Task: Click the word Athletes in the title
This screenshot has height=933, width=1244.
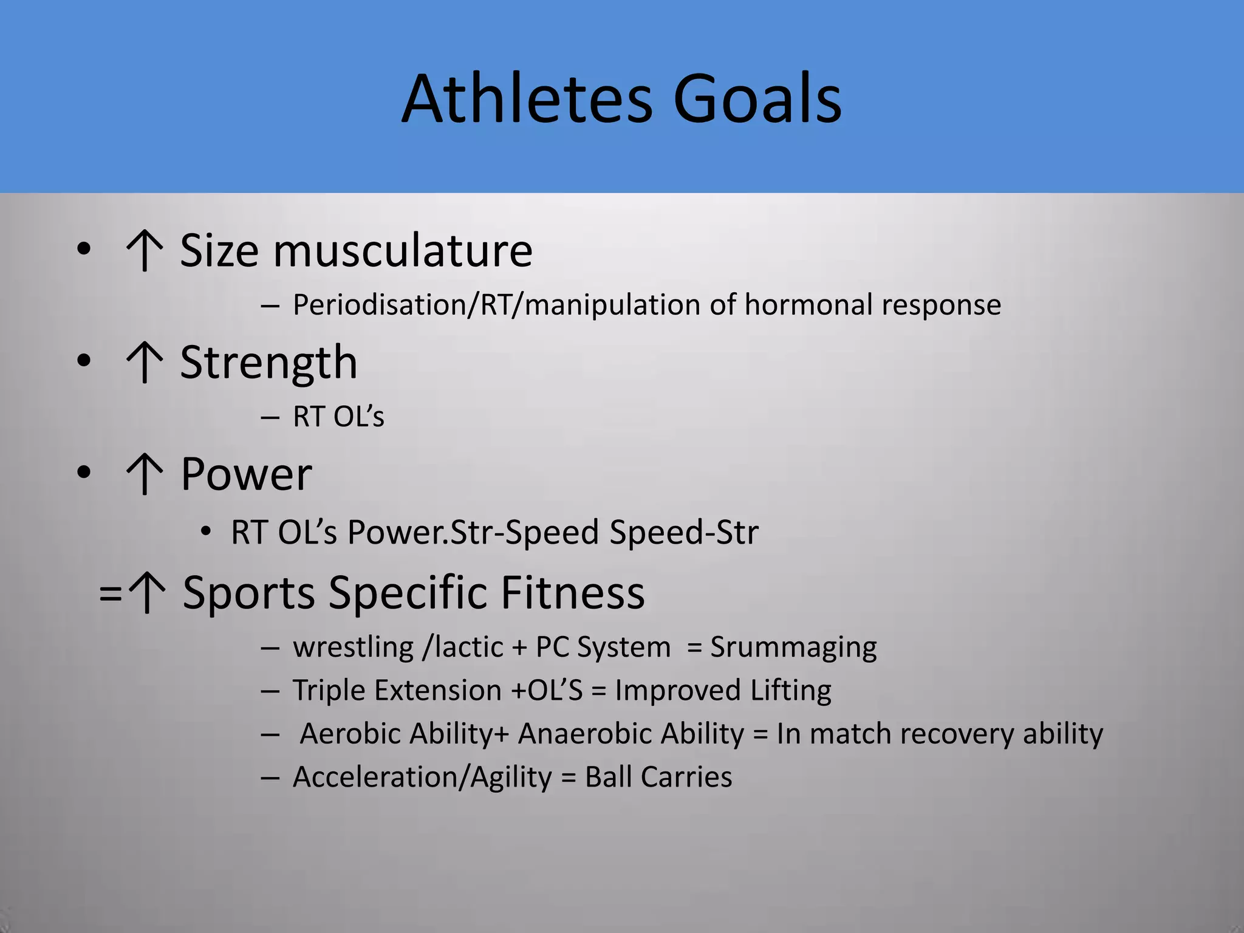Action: (527, 99)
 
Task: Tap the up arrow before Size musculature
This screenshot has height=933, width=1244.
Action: (145, 250)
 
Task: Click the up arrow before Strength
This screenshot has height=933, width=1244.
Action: (145, 363)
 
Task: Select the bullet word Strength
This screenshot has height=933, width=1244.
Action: (268, 363)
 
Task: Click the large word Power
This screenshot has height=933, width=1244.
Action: (246, 474)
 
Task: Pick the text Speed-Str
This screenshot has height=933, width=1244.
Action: (684, 532)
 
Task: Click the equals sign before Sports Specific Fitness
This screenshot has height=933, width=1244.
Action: (110, 593)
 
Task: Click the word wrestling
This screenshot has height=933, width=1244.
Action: (354, 647)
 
